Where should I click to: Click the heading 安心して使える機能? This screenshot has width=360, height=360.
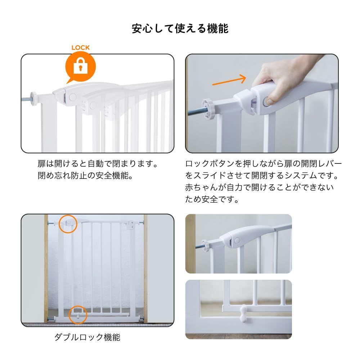pos(180,29)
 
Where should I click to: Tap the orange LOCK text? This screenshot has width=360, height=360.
pos(80,48)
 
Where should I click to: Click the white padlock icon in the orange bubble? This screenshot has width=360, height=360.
pos(80,66)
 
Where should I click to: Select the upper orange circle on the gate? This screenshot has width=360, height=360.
pos(68,224)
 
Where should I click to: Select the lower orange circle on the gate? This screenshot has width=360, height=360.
pos(78,315)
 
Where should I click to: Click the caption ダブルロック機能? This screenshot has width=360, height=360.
pos(87,337)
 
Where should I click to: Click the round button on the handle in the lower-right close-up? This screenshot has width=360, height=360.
pos(237,241)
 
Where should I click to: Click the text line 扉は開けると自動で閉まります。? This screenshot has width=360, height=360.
pos(98,164)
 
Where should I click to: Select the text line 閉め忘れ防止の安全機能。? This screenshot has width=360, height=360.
pos(85,176)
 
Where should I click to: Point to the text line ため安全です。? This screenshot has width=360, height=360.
pos(212,199)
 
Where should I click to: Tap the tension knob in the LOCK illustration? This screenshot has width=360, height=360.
pos(33,99)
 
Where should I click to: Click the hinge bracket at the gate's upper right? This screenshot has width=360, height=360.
pos(131,224)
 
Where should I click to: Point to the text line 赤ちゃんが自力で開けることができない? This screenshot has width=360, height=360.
pos(260,187)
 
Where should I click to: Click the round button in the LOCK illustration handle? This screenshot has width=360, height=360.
pos(73,97)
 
